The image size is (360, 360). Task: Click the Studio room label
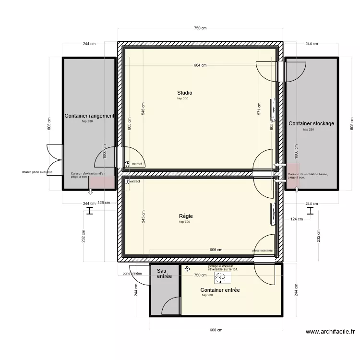pyautogui.click(x=184, y=93)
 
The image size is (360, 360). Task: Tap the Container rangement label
pyautogui.click(x=89, y=116)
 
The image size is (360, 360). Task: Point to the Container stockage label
pyautogui.click(x=311, y=123)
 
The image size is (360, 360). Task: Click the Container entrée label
pyautogui.click(x=220, y=290)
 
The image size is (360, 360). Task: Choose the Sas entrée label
pyautogui.click(x=164, y=274)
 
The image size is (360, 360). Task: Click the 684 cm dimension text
pyautogui.click(x=200, y=65)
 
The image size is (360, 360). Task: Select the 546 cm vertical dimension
pyautogui.click(x=143, y=109)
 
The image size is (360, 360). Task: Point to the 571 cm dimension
pyautogui.click(x=259, y=109)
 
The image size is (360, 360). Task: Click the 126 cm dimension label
pyautogui.click(x=104, y=203)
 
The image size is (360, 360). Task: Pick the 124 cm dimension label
pyautogui.click(x=297, y=219)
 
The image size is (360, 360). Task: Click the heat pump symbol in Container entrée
pyautogui.click(x=220, y=278)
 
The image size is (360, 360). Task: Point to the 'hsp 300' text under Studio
pyautogui.click(x=183, y=98)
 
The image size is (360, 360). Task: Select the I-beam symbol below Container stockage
pyautogui.click(x=311, y=210)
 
